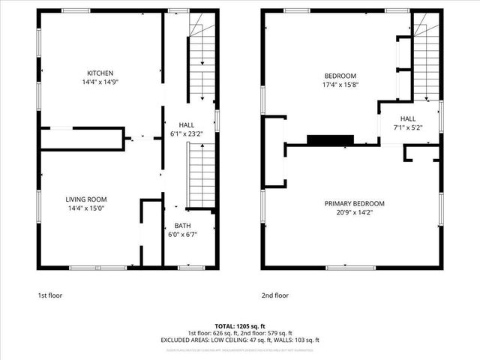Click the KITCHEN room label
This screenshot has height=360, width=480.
(100, 73)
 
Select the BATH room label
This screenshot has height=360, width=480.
(182, 226)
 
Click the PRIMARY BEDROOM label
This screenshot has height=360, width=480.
(354, 204)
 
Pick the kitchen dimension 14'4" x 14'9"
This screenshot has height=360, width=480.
(100, 82)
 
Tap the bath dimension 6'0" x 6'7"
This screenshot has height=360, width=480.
(182, 235)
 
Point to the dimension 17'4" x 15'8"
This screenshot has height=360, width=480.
(340, 85)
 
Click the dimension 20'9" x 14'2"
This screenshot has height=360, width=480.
(354, 214)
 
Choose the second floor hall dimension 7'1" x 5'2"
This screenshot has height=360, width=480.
(407, 128)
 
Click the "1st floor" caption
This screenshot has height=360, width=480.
(50, 295)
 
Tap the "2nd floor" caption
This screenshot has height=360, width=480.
(275, 295)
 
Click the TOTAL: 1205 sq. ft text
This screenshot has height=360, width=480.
(240, 327)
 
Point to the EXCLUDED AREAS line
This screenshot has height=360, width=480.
(240, 340)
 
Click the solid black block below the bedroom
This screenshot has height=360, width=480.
(329, 139)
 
